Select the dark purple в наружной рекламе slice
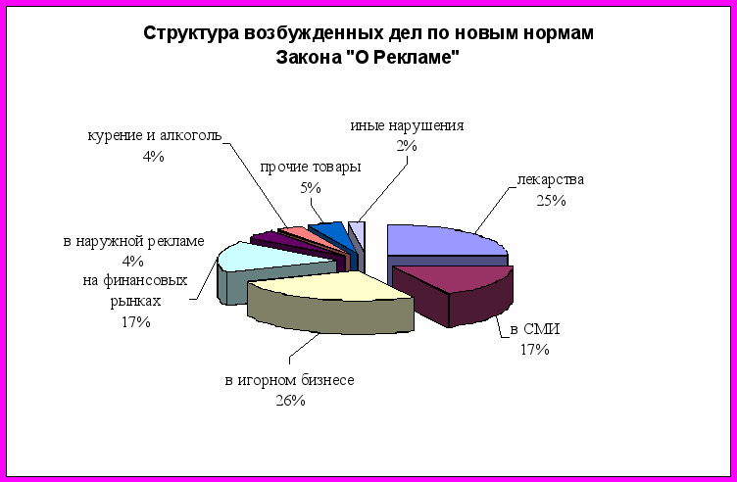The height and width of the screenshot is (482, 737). (x=291, y=243)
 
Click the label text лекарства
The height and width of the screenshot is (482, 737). (x=551, y=180)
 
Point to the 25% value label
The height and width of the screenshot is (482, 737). (x=551, y=201)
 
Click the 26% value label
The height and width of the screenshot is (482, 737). (x=290, y=401)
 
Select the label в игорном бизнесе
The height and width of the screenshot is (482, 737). (x=289, y=380)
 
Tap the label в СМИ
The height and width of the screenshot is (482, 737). (x=535, y=329)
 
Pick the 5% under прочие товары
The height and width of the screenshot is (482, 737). (x=311, y=188)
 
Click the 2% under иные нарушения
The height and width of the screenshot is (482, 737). (x=407, y=146)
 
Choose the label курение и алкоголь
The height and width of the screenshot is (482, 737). (x=155, y=136)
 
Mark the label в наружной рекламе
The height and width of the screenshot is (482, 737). (x=134, y=241)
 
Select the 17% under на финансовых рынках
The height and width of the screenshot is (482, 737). (x=136, y=321)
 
